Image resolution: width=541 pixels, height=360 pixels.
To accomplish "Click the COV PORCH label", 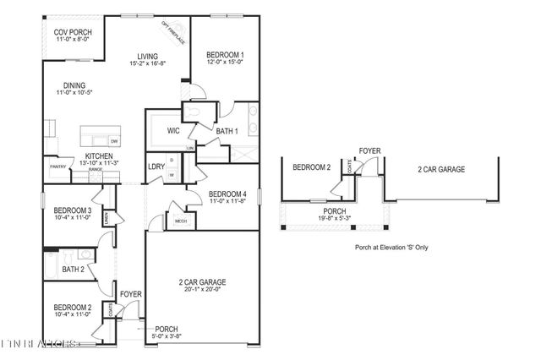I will pyautogui.click(x=67, y=32).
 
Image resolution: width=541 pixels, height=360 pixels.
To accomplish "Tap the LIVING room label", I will pyautogui.click(x=148, y=57).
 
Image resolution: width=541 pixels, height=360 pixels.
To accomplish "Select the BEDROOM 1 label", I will pyautogui.click(x=226, y=56).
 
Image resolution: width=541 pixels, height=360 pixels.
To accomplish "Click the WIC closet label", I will pyautogui.click(x=173, y=130).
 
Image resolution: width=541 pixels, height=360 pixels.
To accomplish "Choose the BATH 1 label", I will pyautogui.click(x=227, y=130).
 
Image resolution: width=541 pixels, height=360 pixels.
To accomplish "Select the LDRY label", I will pyautogui.click(x=156, y=166).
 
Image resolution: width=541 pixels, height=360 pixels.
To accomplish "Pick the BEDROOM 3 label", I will pyautogui.click(x=73, y=210).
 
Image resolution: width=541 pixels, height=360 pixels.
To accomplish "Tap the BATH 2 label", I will pyautogui.click(x=73, y=270).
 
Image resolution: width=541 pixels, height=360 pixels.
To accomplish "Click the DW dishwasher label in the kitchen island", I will pyautogui.click(x=114, y=140).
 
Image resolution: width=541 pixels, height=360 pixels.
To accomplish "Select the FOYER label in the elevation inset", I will pyautogui.click(x=369, y=151).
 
